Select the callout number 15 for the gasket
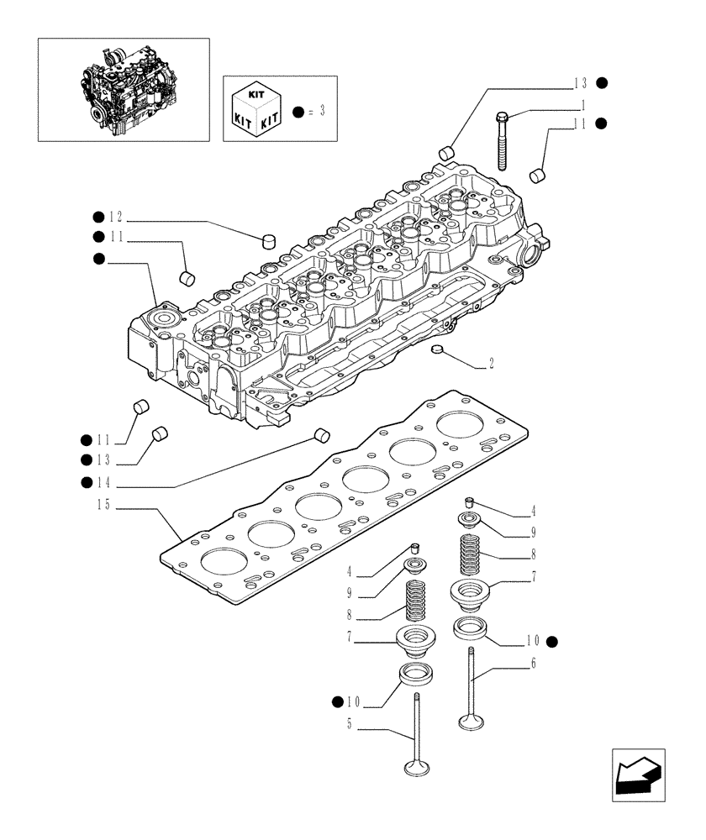(x=103, y=505)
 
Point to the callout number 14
(x=103, y=482)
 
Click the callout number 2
(x=491, y=365)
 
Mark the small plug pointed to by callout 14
(x=320, y=434)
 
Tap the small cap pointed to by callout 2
(x=435, y=349)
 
